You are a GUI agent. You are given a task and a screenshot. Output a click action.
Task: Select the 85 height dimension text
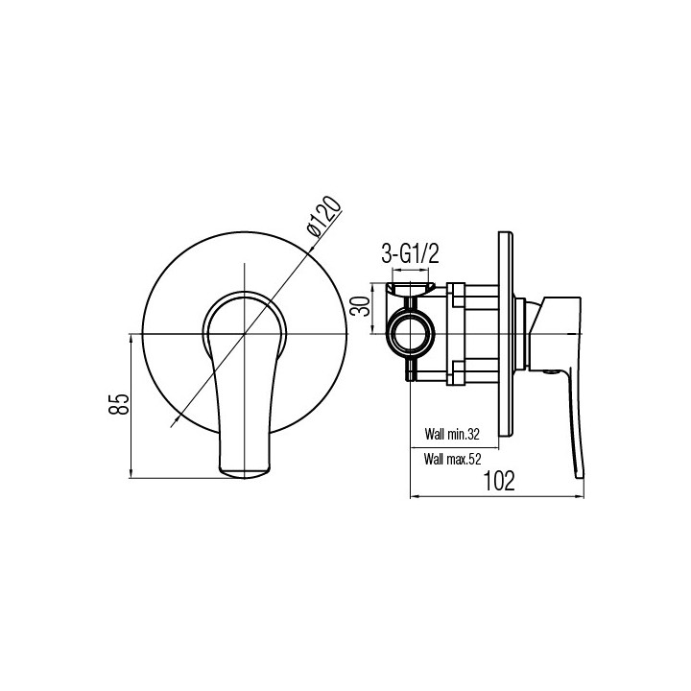tap(119, 404)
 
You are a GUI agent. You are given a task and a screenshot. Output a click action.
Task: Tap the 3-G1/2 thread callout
tap(411, 254)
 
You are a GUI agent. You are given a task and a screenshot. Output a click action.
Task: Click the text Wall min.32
tap(452, 434)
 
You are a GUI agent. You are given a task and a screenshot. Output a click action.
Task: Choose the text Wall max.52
tap(452, 459)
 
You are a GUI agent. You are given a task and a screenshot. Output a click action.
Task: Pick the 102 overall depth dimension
tap(499, 481)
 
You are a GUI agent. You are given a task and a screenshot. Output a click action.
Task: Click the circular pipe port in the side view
tap(411, 334)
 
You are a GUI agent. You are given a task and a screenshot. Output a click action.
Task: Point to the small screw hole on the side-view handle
tap(551, 372)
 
